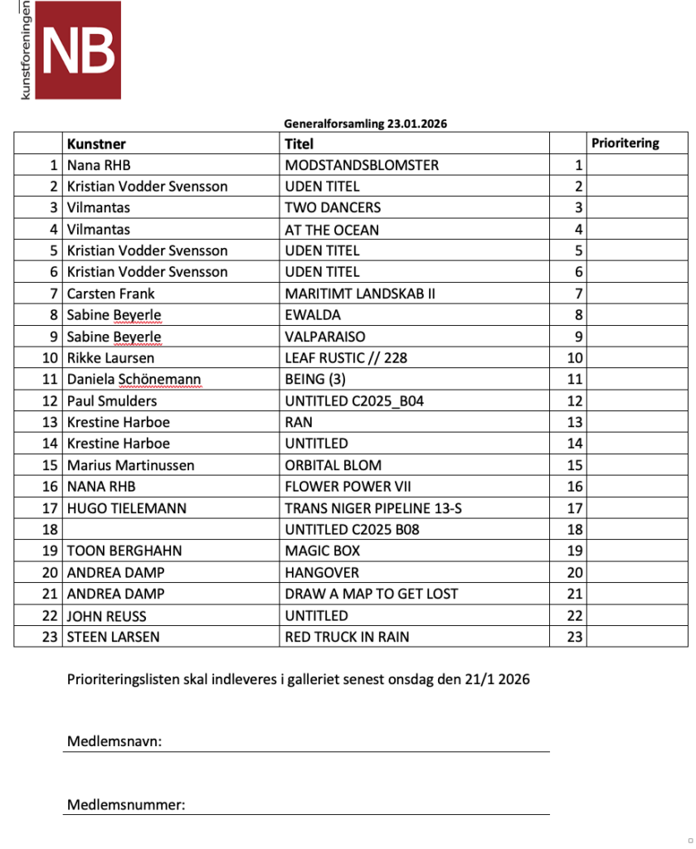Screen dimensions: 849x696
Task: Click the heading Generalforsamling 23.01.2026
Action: (x=366, y=124)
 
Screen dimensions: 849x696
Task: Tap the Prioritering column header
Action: (x=625, y=143)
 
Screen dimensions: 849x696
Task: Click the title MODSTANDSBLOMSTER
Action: (x=362, y=165)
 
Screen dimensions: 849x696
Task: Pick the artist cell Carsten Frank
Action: (x=110, y=294)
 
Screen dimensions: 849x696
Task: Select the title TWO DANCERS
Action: (x=333, y=207)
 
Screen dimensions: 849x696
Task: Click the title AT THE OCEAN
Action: (x=332, y=229)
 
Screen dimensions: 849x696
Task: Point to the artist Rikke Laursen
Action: (x=110, y=358)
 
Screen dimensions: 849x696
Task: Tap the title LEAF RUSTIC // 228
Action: (x=346, y=358)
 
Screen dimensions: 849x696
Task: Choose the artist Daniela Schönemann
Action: (x=134, y=380)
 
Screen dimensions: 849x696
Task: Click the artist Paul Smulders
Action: (x=112, y=401)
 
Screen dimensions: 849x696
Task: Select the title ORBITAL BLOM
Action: (x=333, y=465)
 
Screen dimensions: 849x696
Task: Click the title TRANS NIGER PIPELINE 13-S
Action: (x=372, y=508)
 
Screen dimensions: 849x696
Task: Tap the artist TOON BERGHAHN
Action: (x=124, y=551)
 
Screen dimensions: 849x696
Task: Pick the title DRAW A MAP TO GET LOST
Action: (x=372, y=594)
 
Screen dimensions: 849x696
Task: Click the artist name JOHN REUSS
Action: (x=108, y=615)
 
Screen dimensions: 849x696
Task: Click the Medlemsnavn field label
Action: (x=114, y=741)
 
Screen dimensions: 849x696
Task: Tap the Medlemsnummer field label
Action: (x=126, y=805)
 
